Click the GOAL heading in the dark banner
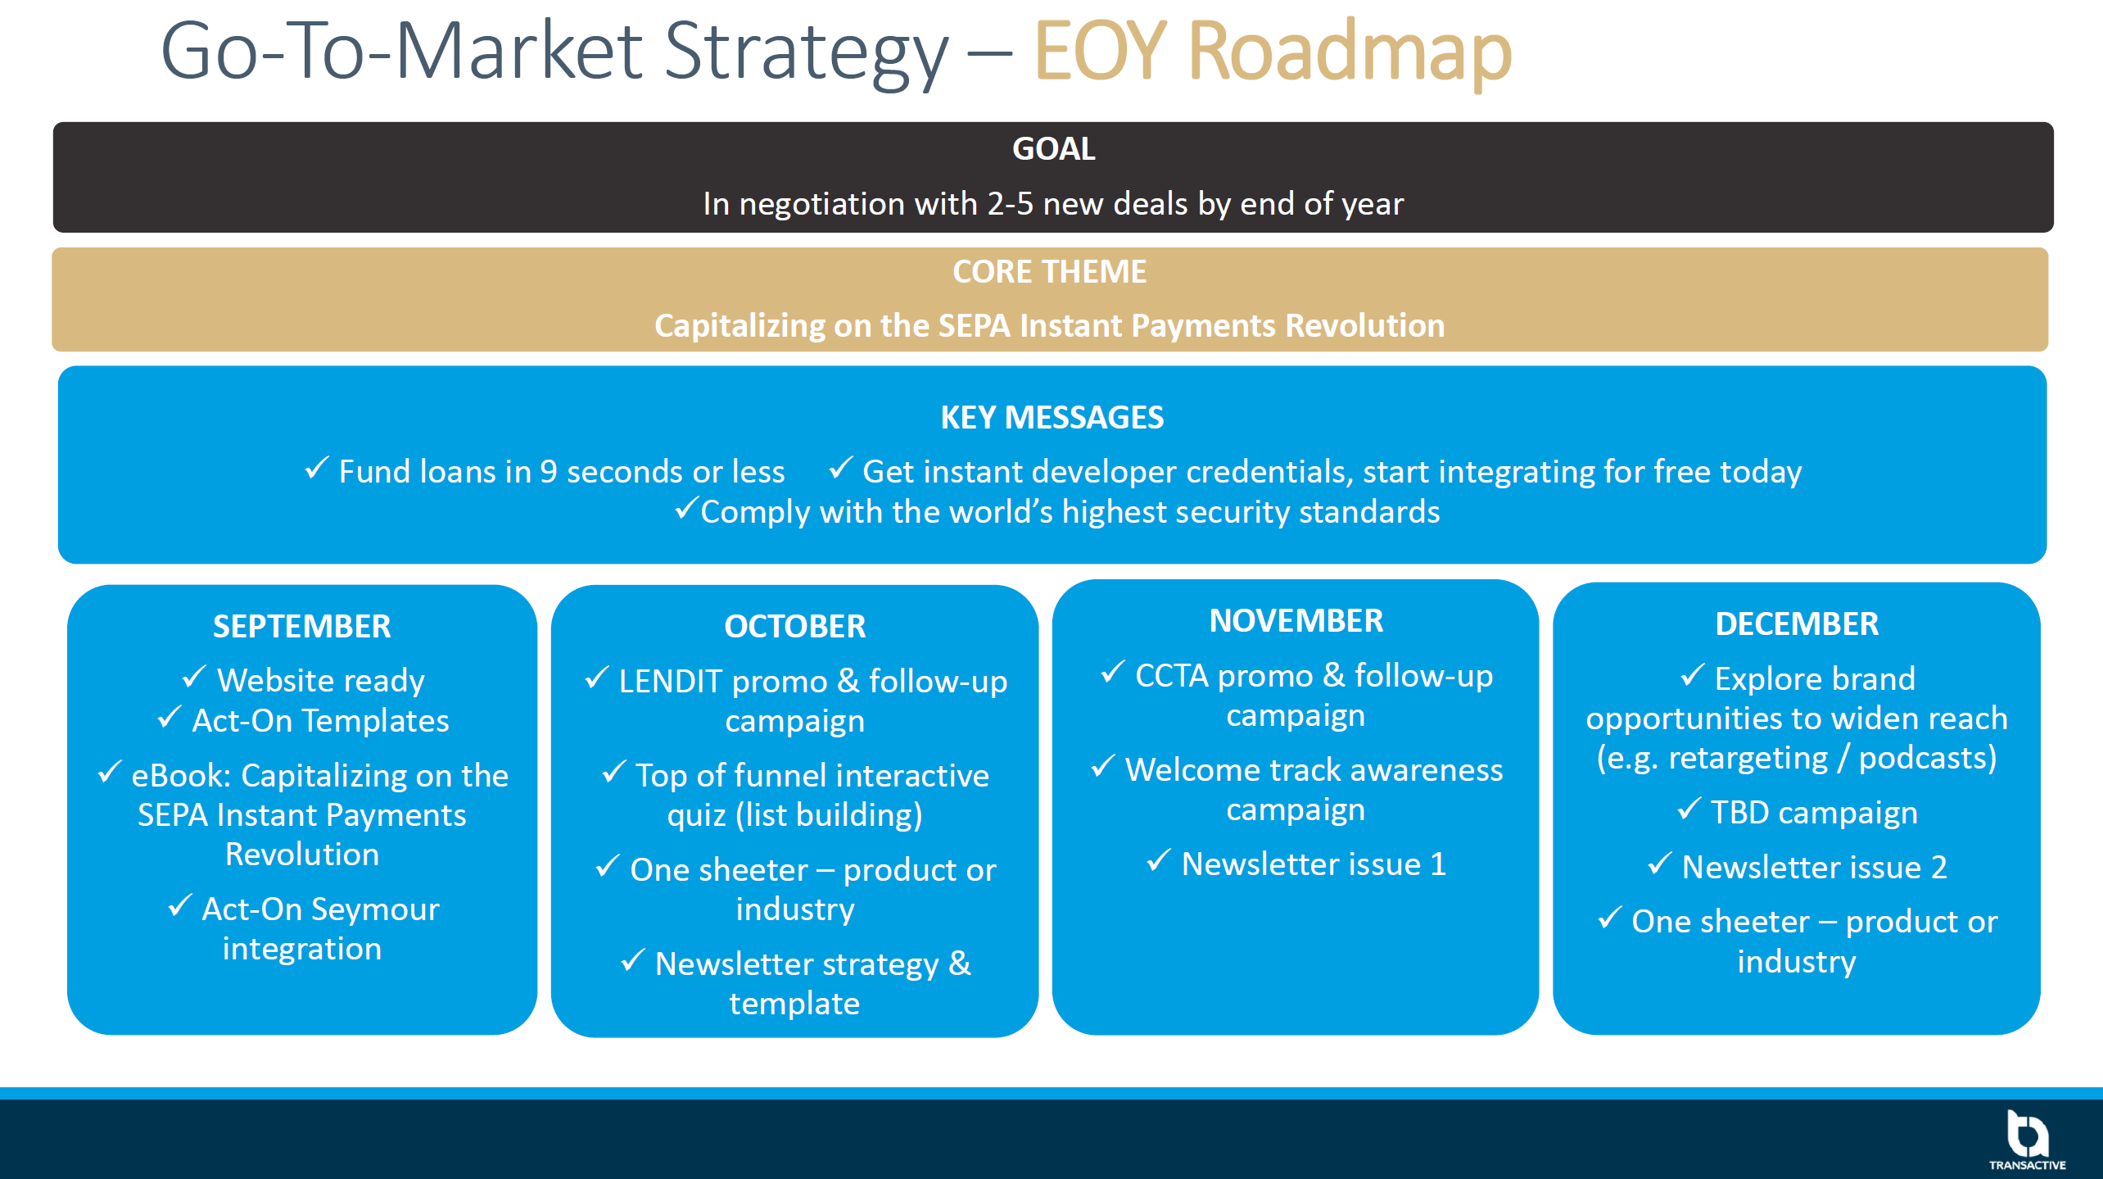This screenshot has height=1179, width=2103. pos(1053,149)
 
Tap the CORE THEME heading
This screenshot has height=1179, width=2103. pos(1049,272)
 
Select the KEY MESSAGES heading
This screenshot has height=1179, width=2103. pos(1052,418)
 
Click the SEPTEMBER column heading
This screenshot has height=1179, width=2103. pos(302,627)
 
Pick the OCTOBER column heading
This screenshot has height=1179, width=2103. pos(794,627)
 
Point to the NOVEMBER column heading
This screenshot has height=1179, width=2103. pos(1296,621)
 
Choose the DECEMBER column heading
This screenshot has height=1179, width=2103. pos(1797,624)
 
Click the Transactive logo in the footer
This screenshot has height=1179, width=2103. pos(2028,1140)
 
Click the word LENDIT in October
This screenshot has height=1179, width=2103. pos(671,682)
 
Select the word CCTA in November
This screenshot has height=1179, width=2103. pos(1172,676)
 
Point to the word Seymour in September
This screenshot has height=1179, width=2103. pos(375,909)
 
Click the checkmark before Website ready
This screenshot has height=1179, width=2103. pos(194,677)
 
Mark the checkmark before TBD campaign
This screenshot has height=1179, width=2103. pos(1689,809)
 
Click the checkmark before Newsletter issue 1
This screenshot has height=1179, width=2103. pos(1159,860)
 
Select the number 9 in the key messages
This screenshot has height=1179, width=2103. pos(549,472)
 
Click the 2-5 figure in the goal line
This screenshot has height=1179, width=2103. pos(1011,204)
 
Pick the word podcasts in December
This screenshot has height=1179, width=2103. pos(1928,759)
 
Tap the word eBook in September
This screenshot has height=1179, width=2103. pos(181,776)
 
